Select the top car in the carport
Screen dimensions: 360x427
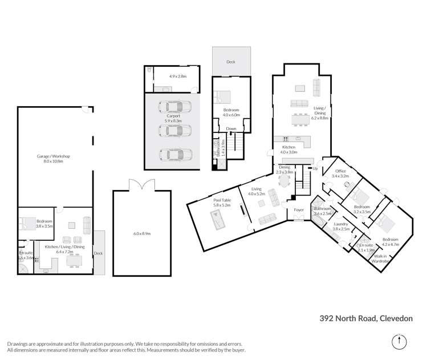(x=173, y=107)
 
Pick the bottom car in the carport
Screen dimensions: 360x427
(x=173, y=154)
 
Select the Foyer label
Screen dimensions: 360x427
(x=298, y=209)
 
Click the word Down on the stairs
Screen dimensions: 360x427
(x=230, y=129)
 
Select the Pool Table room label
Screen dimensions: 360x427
(x=206, y=200)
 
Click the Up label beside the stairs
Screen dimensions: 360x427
(x=315, y=169)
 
